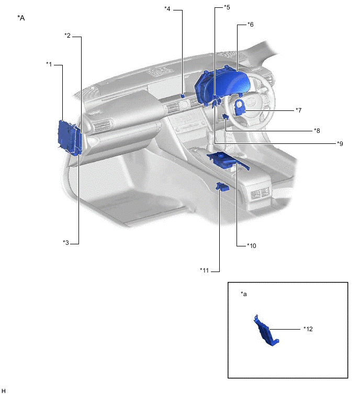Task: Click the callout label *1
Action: [x=49, y=64]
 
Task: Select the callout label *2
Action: [x=67, y=35]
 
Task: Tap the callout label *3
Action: [x=66, y=242]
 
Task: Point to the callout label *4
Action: [x=167, y=8]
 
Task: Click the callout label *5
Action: [x=227, y=7]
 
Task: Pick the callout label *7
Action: [x=299, y=110]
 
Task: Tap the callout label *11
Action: [x=205, y=270]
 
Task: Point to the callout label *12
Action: [x=308, y=329]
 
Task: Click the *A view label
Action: [x=21, y=18]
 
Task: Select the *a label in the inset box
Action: [x=243, y=294]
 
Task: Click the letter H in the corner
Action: [x=4, y=390]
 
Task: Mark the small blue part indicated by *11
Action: [x=222, y=187]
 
